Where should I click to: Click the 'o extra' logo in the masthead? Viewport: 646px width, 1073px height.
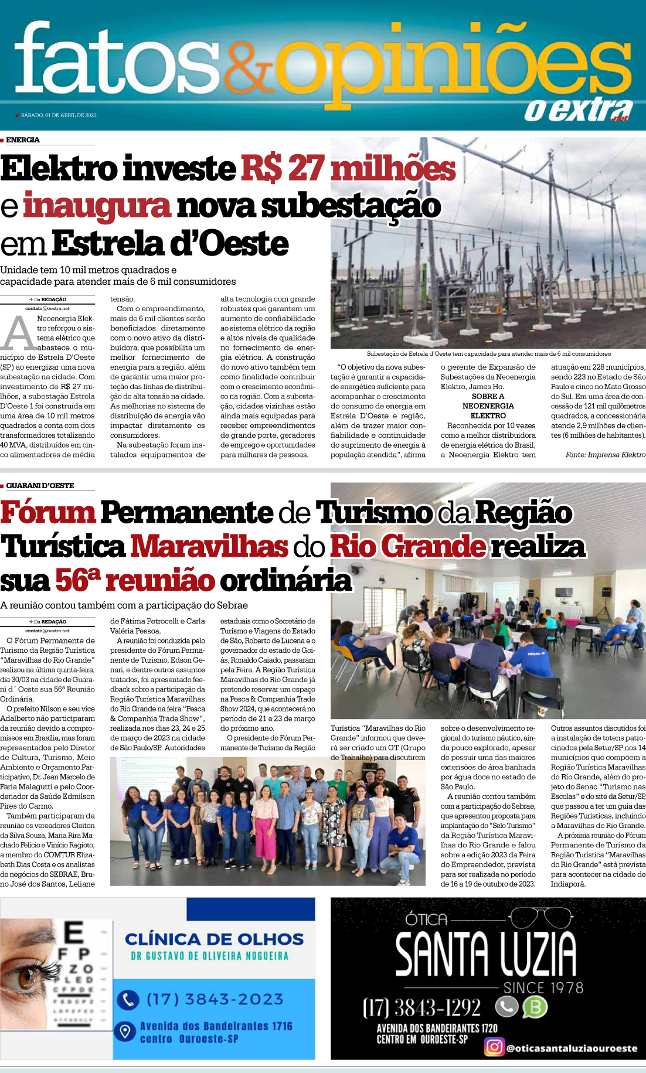[x=577, y=109]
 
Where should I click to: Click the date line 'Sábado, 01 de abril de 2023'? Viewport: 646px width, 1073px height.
[x=59, y=115]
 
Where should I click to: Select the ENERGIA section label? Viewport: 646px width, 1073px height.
[x=23, y=140]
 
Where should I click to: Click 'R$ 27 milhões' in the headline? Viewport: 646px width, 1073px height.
[x=348, y=169]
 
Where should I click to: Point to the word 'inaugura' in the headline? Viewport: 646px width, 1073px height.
[x=97, y=206]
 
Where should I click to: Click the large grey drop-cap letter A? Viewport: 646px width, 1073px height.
[x=19, y=334]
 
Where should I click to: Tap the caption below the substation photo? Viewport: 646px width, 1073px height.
[x=488, y=354]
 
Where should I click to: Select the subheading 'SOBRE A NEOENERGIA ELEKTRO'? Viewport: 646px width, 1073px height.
[x=488, y=406]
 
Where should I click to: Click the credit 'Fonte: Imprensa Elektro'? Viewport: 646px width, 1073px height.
[x=605, y=455]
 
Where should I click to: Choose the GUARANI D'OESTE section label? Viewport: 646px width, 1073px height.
[x=40, y=486]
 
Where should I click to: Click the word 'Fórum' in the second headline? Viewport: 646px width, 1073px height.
[x=48, y=512]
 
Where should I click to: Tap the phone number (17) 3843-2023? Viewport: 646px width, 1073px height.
[x=215, y=999]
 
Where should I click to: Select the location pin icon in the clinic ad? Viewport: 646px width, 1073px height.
[x=125, y=1031]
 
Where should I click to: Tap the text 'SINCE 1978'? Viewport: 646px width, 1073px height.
[x=543, y=988]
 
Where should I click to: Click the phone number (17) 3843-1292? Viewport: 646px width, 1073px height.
[x=421, y=1007]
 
